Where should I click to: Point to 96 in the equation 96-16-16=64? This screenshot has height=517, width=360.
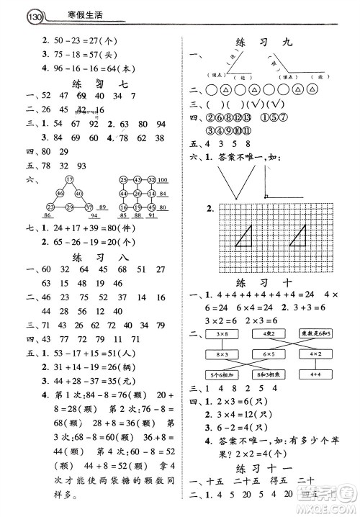click(51, 68)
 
